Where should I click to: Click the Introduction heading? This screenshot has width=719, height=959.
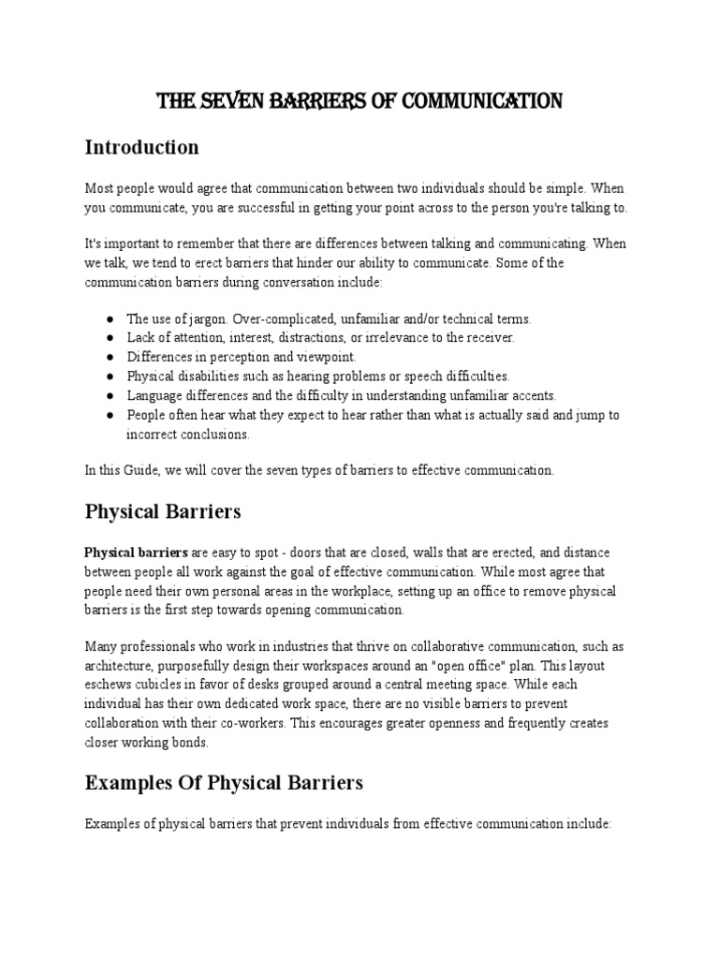pyautogui.click(x=141, y=147)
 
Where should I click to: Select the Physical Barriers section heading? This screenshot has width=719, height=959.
pyautogui.click(x=163, y=511)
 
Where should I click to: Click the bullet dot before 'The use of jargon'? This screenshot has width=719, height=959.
pyautogui.click(x=110, y=318)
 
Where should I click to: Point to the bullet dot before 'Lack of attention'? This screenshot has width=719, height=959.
pyautogui.click(x=110, y=337)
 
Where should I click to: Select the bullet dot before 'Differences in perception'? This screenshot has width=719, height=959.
pyautogui.click(x=110, y=357)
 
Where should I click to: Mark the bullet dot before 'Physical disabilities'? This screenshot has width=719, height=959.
pyautogui.click(x=110, y=376)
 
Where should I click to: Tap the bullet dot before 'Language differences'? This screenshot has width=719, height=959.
pyautogui.click(x=110, y=395)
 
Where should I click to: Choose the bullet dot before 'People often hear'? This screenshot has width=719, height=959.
pyautogui.click(x=110, y=415)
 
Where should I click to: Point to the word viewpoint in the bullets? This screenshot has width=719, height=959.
pyautogui.click(x=328, y=357)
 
